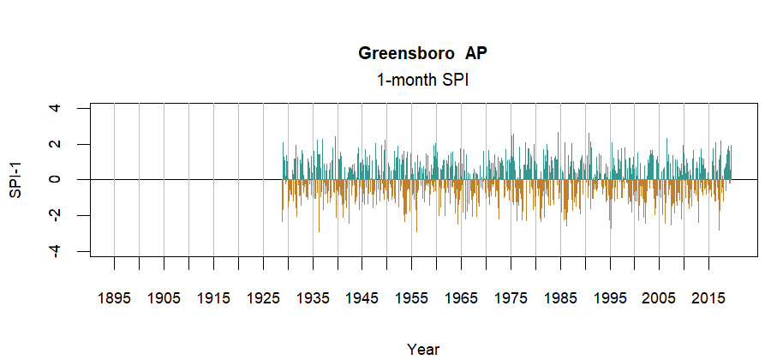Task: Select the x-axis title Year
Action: click(423, 349)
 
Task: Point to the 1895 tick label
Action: click(114, 298)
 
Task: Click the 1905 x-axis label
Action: click(164, 298)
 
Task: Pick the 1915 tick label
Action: click(213, 298)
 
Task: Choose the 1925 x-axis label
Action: click(263, 298)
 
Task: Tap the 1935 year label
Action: click(313, 298)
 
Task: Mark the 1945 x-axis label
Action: click(362, 298)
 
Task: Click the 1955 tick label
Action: click(412, 298)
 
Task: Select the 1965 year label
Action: click(462, 298)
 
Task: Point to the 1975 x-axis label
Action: click(511, 298)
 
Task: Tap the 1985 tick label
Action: click(561, 298)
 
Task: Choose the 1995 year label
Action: click(611, 298)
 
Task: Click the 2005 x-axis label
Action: click(660, 298)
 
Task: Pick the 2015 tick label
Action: click(709, 298)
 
